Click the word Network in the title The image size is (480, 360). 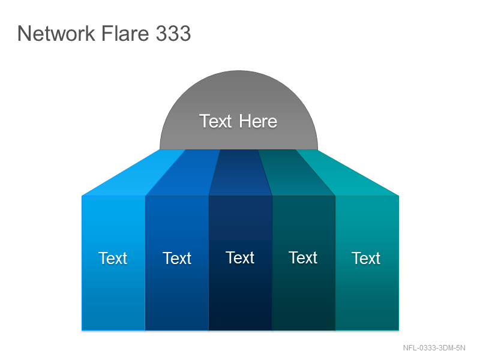56,33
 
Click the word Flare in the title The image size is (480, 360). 125,33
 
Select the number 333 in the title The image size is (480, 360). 173,33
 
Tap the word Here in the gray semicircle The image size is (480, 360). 258,121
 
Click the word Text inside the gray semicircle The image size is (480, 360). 215,121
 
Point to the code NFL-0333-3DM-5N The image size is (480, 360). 434,348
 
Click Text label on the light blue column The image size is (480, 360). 113,258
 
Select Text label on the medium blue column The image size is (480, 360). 177,258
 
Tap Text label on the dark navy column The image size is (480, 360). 240,257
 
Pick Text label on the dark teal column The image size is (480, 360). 303,257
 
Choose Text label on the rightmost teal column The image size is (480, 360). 366,258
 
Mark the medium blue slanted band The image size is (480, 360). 182,173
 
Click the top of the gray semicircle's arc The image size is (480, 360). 239,71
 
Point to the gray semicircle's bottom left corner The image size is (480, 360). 160,149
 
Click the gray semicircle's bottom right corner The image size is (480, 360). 318,149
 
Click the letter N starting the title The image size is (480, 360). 24,33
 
